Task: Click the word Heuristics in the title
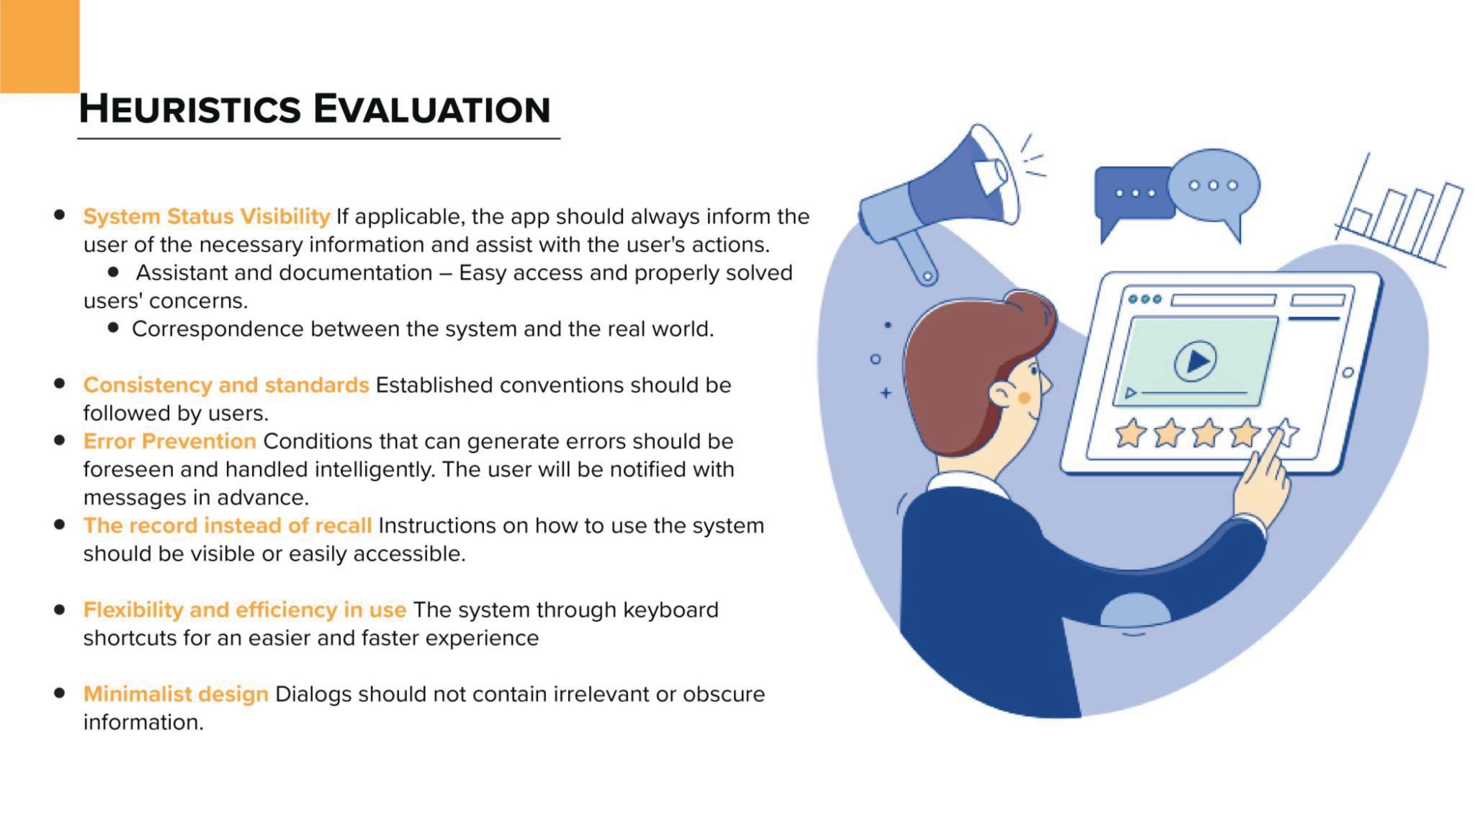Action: (x=189, y=109)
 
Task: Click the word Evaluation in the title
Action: (x=432, y=109)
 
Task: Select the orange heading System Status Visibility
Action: (x=206, y=216)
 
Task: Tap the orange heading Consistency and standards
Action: (x=226, y=385)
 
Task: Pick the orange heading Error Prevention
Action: (x=170, y=441)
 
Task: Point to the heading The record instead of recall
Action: (x=227, y=525)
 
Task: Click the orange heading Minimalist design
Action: (x=176, y=694)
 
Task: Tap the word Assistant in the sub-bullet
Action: (x=181, y=273)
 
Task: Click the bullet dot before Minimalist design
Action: (x=59, y=693)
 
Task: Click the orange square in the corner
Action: (x=39, y=46)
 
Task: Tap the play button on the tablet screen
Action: (x=1196, y=361)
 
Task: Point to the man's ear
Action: (x=1002, y=395)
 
